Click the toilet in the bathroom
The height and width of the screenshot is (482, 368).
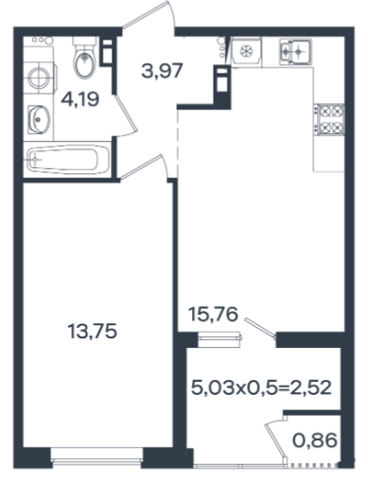point(84,57)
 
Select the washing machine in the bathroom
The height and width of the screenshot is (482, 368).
point(40,77)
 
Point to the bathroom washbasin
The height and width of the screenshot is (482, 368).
point(39,119)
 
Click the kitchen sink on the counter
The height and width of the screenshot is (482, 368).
point(295,51)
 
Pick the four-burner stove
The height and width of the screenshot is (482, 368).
point(330,120)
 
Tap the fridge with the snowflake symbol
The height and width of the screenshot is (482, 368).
point(246,51)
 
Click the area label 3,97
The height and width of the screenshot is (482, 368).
point(162,71)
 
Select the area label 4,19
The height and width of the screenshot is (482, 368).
point(80,99)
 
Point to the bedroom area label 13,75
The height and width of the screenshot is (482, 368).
point(93,332)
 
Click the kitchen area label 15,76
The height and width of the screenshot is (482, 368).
point(213,314)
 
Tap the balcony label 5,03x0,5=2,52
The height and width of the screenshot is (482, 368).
point(261,387)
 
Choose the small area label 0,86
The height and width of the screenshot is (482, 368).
point(315,440)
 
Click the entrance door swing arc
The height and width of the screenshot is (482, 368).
point(171,14)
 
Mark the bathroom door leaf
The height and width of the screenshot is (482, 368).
point(127,113)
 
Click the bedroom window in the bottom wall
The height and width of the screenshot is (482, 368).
point(97,459)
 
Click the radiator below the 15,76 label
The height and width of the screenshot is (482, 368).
point(219,339)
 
